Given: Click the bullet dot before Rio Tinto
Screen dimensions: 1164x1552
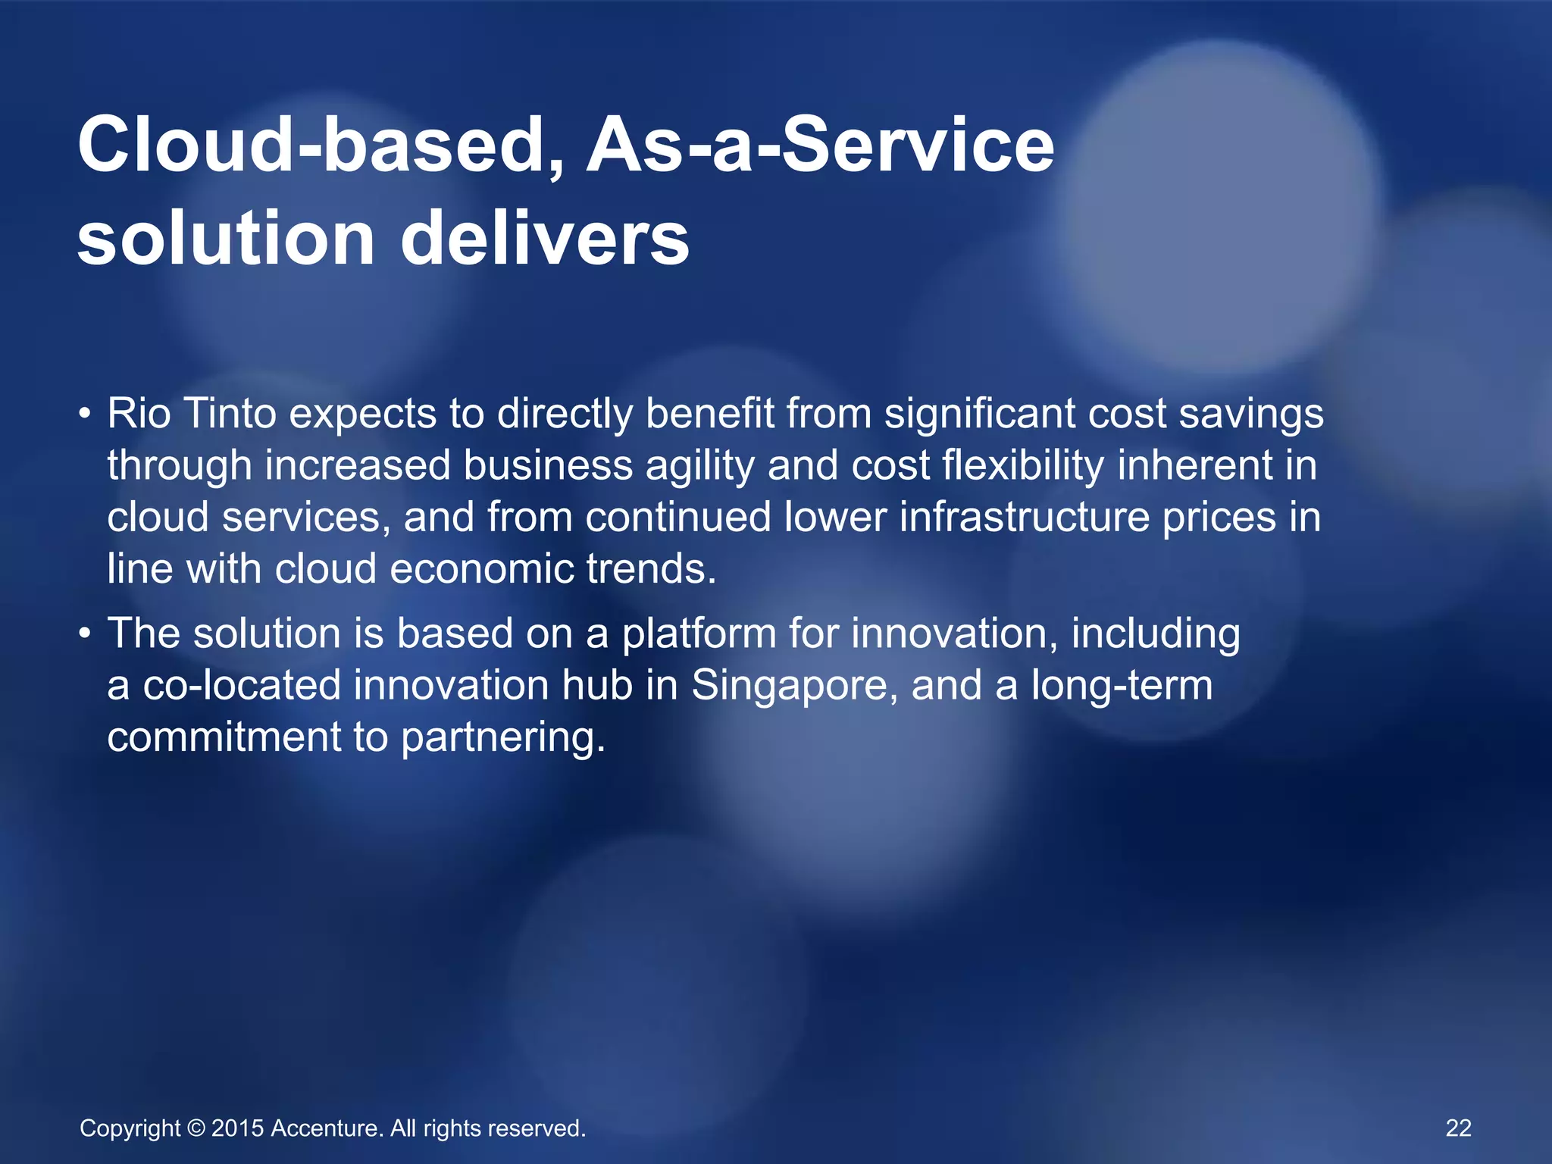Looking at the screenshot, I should [86, 415].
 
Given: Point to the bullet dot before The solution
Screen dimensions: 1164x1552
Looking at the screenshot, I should [86, 634].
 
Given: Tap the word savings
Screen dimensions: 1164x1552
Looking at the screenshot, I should [1251, 415].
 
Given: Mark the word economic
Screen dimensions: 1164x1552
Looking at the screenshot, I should [482, 568].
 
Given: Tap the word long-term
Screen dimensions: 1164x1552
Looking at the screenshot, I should [1122, 685].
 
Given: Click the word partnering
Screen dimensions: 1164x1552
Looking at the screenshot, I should [503, 737].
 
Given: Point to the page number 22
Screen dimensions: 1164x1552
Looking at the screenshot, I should [1458, 1128].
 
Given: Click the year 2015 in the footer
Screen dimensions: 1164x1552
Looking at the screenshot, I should [237, 1128].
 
